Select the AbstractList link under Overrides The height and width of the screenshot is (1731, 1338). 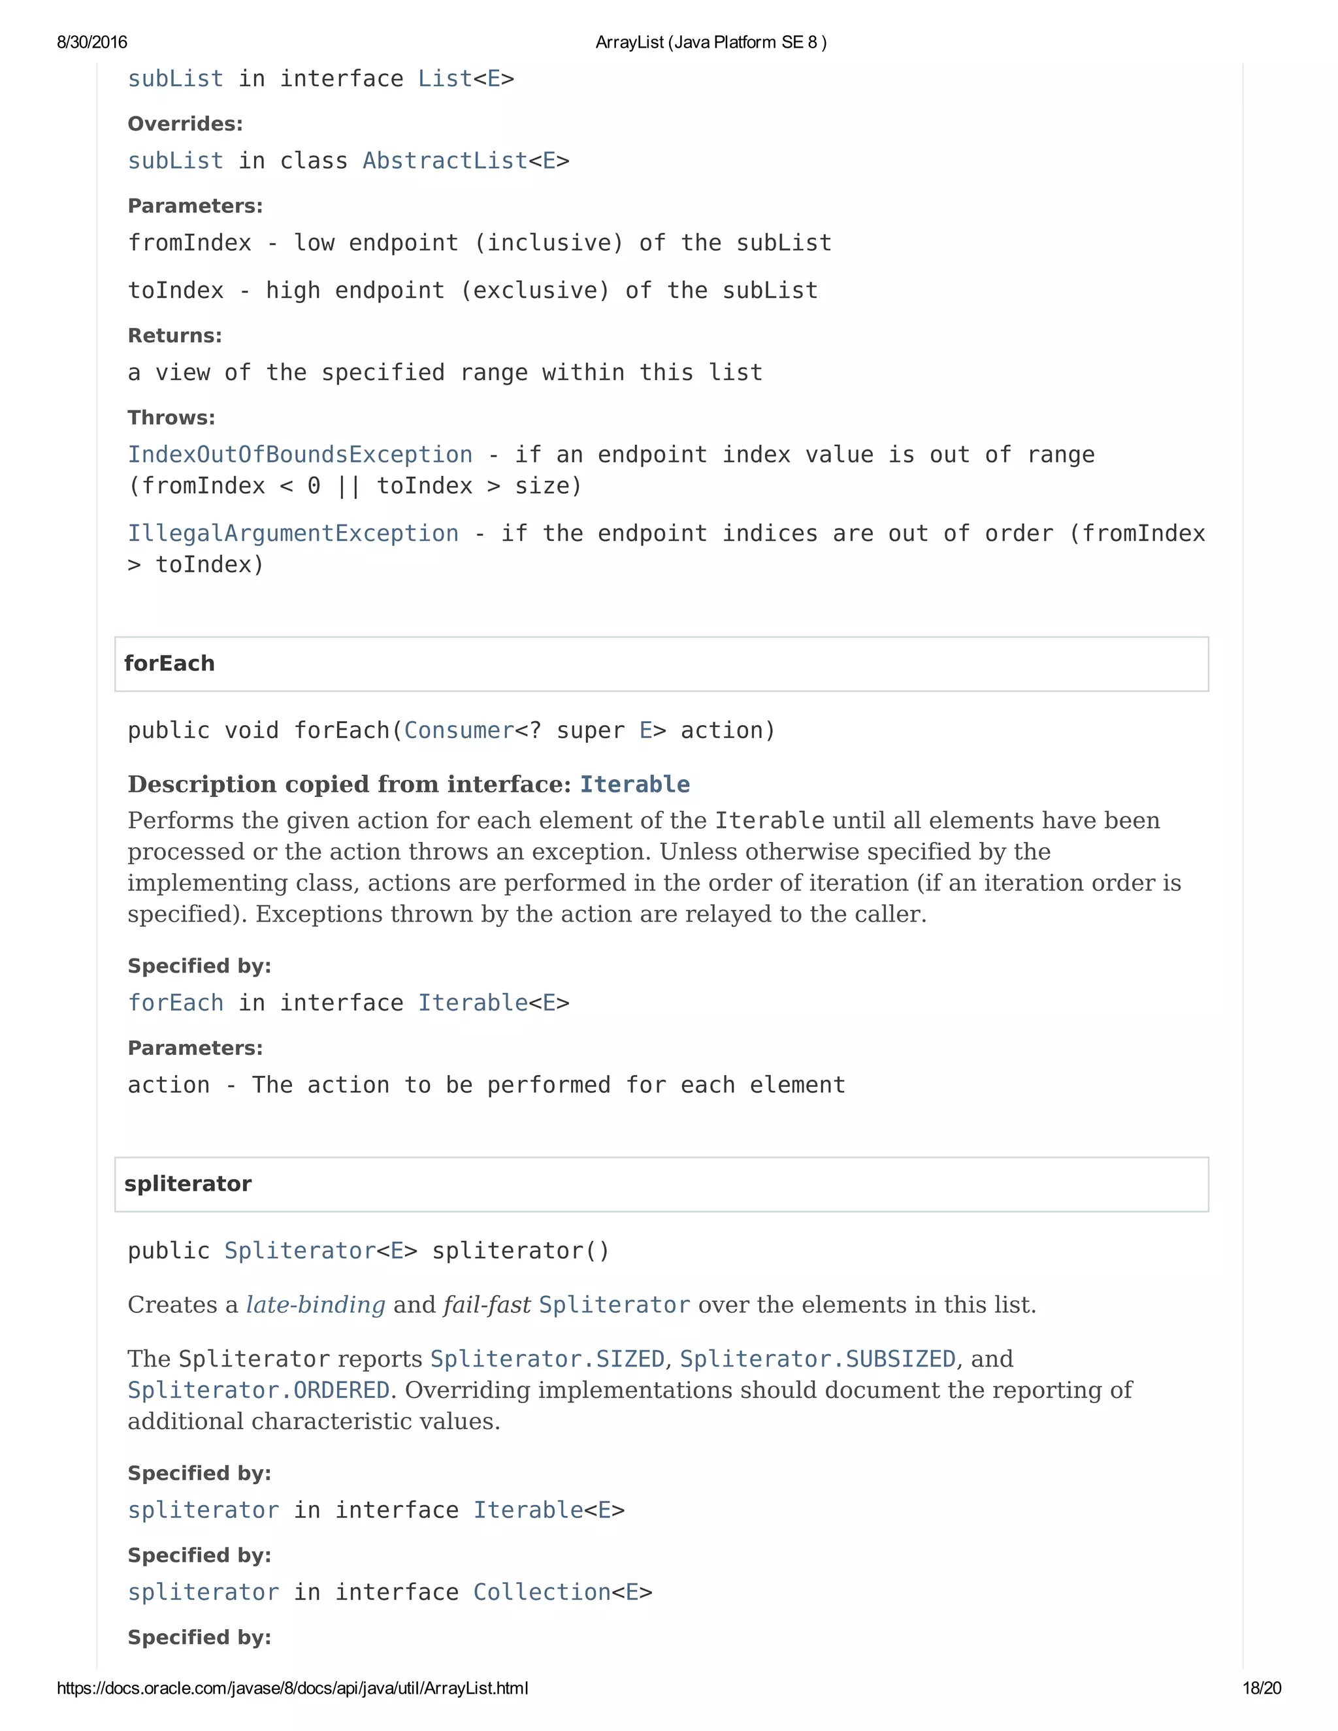[445, 161]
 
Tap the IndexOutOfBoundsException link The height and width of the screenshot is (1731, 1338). [301, 455]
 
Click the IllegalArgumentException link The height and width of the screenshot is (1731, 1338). [293, 534]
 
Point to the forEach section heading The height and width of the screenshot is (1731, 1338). [170, 664]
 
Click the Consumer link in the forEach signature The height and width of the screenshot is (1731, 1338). [459, 731]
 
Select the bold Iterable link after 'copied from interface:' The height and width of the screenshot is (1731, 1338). [635, 785]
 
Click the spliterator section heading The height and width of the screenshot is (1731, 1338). [188, 1184]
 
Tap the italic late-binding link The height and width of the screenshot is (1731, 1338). [316, 1305]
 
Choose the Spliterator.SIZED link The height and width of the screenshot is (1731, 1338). [547, 1359]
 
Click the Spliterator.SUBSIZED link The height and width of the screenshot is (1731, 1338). [817, 1359]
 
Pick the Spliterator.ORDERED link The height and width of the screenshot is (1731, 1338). [259, 1390]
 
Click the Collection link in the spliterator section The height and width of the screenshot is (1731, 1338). [542, 1593]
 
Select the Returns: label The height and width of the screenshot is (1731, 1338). [174, 336]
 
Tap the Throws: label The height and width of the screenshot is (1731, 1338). [171, 417]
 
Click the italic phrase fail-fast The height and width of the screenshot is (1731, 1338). [487, 1305]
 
